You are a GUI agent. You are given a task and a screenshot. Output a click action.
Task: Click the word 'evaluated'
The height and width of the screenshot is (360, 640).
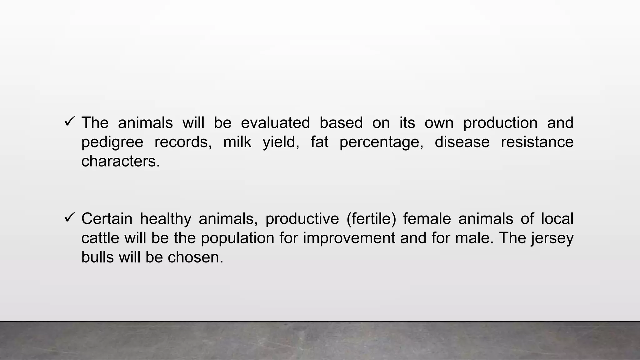click(275, 122)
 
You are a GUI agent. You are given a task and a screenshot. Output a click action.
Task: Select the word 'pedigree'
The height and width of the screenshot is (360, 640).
click(112, 142)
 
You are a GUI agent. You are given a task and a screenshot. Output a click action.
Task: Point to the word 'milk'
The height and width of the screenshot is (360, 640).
click(237, 142)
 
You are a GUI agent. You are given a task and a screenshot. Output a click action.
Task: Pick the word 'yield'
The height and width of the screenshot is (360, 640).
click(281, 142)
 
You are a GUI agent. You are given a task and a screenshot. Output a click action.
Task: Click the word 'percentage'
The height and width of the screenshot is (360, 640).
click(381, 142)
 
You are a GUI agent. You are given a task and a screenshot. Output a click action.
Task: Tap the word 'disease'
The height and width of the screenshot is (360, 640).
click(462, 142)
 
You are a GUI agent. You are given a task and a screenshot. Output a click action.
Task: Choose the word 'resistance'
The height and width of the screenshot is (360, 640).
click(537, 142)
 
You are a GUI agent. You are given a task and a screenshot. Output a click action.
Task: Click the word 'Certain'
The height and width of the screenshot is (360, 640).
click(107, 218)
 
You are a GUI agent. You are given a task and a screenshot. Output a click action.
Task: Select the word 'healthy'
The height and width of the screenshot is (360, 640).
click(166, 219)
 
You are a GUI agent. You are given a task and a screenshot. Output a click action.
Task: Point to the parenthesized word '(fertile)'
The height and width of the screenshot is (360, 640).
click(371, 219)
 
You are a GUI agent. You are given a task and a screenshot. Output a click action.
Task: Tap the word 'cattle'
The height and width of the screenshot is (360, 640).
click(100, 238)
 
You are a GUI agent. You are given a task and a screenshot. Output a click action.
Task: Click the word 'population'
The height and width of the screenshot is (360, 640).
click(237, 238)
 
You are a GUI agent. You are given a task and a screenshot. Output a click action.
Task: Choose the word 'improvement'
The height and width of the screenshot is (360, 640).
click(349, 238)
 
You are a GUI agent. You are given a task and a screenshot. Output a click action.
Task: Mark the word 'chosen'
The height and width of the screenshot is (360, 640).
click(193, 257)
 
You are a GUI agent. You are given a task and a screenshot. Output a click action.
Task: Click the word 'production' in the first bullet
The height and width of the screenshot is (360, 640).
click(500, 123)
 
